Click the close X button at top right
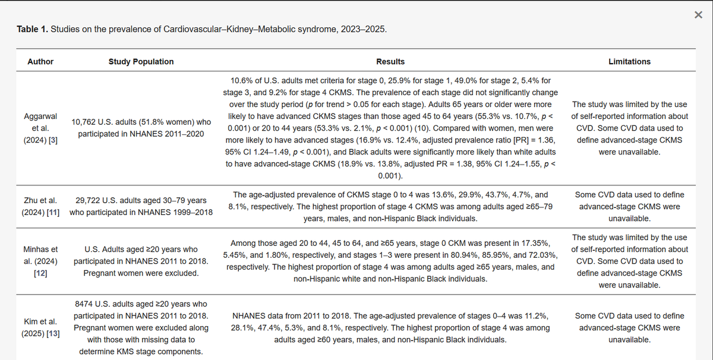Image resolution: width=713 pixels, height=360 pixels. [x=698, y=15]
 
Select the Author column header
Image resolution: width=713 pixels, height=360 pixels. [x=40, y=61]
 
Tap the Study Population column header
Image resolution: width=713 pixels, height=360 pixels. [x=141, y=61]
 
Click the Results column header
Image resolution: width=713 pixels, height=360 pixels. [x=390, y=61]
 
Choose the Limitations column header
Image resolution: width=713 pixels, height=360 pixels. [x=629, y=61]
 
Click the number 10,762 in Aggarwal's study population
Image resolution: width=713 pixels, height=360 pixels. [x=86, y=121]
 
